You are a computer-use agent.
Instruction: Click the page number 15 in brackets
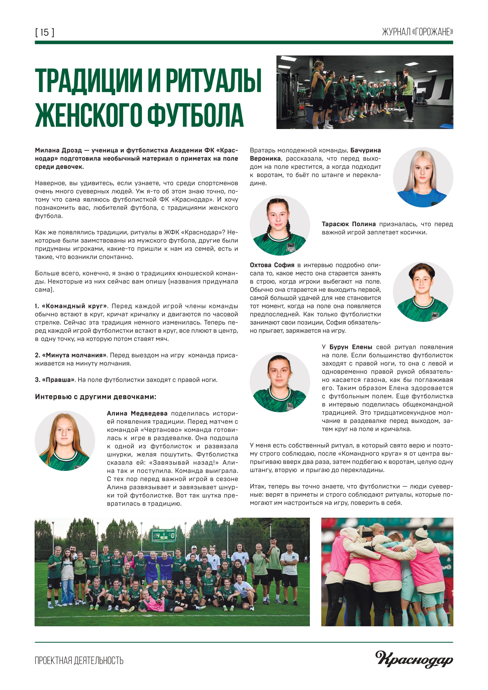coord(45,32)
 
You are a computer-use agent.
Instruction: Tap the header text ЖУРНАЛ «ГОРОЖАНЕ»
coord(417,32)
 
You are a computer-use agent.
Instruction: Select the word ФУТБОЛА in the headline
coord(195,116)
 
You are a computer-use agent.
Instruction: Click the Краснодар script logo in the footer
coord(414,659)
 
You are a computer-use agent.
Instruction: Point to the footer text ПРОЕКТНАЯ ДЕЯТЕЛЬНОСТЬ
coord(79,660)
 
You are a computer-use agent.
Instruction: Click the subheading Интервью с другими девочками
coord(96,397)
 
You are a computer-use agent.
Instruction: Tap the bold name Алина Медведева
coord(137,413)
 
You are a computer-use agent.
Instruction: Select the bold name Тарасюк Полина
coord(348,224)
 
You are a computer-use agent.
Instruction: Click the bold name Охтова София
coord(272,265)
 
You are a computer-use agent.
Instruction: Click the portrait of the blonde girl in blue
coord(423,177)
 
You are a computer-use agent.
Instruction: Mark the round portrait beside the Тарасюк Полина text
coord(280,225)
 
